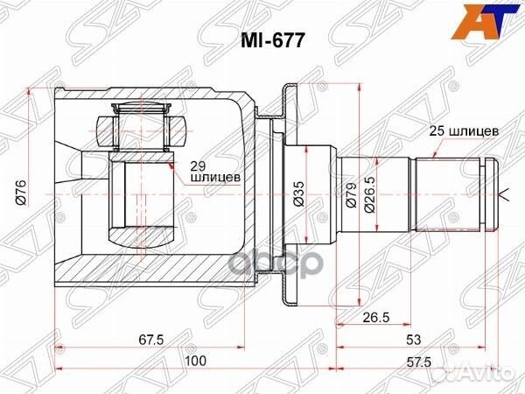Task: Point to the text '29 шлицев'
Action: pyautogui.click(x=213, y=171)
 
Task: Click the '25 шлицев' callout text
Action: pyautogui.click(x=464, y=130)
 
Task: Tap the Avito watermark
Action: pyautogui.click(x=491, y=376)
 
